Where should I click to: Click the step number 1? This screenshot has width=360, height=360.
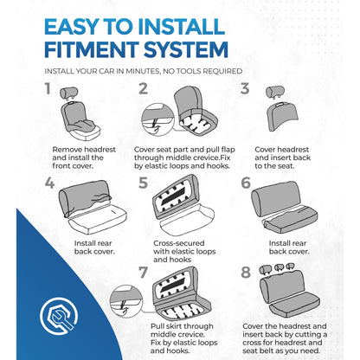48,88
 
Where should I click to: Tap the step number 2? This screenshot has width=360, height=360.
144,89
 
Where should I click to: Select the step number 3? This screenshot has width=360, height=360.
245,89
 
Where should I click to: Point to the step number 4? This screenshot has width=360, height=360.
49,183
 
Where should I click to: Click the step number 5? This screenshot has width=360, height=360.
144,183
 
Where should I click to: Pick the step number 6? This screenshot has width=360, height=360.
246,183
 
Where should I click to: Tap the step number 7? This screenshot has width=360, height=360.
144,273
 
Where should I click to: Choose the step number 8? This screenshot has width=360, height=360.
246,273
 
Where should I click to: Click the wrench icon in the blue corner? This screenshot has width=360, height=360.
59,316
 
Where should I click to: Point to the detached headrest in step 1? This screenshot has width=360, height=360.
68,93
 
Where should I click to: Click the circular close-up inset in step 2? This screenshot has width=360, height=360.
157,120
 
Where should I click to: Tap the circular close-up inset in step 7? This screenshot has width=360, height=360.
126,301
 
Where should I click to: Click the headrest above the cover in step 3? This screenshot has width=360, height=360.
275,93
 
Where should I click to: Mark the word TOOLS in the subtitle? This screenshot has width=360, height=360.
190,71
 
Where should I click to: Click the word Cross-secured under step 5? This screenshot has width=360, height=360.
179,243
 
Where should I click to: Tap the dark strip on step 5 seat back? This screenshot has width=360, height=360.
173,195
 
